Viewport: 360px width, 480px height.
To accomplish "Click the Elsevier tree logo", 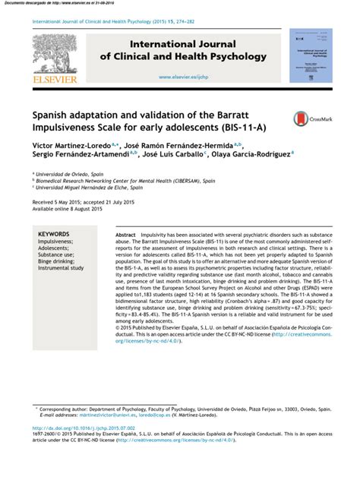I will click(55, 51).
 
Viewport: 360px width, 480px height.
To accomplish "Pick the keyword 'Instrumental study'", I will click(62, 268).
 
